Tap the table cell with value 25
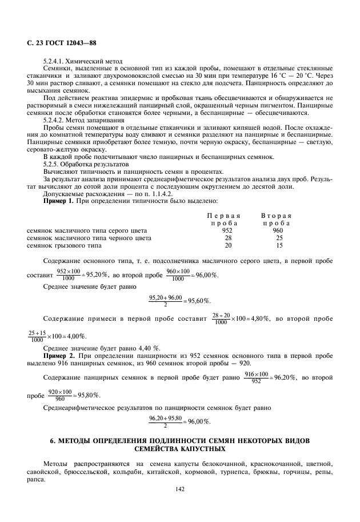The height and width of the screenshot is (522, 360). tap(279, 237)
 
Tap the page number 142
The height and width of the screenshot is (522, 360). tap(180, 489)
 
